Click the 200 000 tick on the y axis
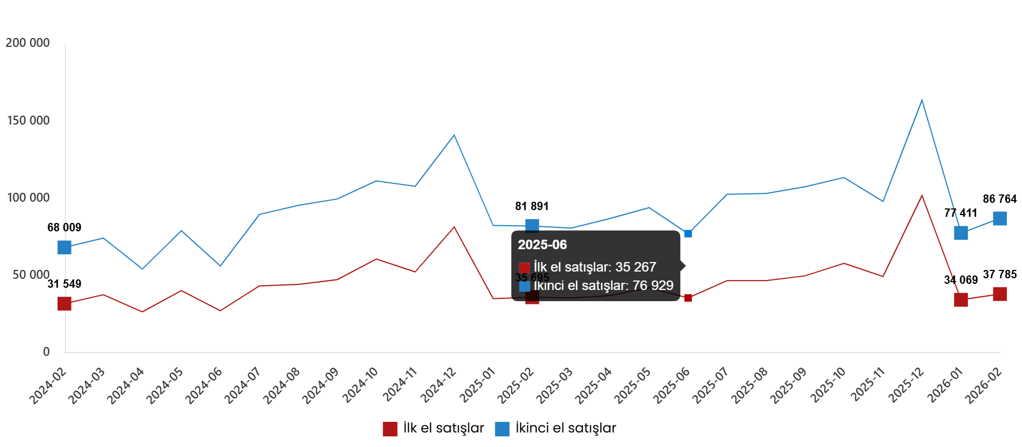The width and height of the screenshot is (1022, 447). pyautogui.click(x=27, y=43)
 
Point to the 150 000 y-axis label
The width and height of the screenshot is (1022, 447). pyautogui.click(x=27, y=121)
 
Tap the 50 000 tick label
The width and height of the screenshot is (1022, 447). pyautogui.click(x=31, y=275)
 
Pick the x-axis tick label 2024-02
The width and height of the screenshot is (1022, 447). pyautogui.click(x=48, y=386)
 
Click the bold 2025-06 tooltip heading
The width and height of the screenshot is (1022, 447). pyautogui.click(x=542, y=245)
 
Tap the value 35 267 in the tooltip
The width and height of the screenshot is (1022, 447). pyautogui.click(x=636, y=267)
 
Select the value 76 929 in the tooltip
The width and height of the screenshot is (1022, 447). pyautogui.click(x=653, y=286)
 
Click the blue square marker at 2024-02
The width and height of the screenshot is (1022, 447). pyautogui.click(x=65, y=248)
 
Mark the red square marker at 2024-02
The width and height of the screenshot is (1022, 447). pyautogui.click(x=65, y=303)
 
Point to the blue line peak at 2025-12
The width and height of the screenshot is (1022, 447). pyautogui.click(x=921, y=100)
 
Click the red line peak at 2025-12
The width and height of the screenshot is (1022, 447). pyautogui.click(x=921, y=195)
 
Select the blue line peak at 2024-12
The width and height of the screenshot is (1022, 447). pyautogui.click(x=454, y=135)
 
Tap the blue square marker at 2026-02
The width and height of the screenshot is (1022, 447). pyautogui.click(x=1000, y=218)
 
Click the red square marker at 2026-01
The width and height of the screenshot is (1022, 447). pyautogui.click(x=961, y=300)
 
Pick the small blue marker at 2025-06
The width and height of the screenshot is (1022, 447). pyautogui.click(x=688, y=234)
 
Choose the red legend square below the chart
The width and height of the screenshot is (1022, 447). pyautogui.click(x=390, y=429)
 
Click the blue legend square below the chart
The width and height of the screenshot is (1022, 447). pyautogui.click(x=502, y=429)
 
